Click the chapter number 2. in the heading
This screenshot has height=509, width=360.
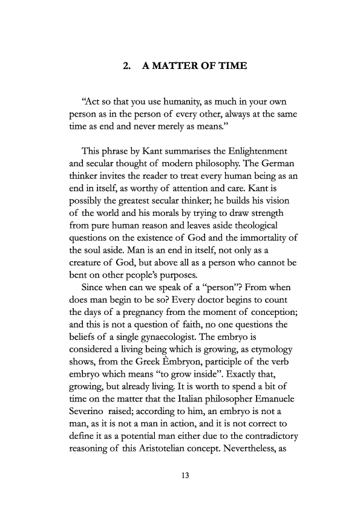pyautogui.click(x=128, y=66)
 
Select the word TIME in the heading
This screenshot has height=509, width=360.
pyautogui.click(x=233, y=66)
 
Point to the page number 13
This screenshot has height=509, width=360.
pyautogui.click(x=186, y=476)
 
